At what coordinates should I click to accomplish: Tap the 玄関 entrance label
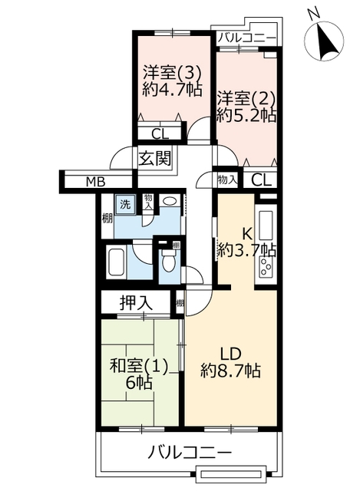tap(155, 158)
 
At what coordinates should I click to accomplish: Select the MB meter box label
tap(95, 181)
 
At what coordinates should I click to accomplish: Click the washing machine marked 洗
tap(125, 205)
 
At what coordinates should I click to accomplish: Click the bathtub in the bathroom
tap(117, 261)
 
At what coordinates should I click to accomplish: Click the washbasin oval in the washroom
tap(170, 200)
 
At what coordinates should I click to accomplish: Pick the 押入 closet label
tap(136, 302)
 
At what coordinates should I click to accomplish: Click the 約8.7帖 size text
tap(231, 371)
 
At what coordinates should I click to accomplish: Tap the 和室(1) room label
tap(139, 366)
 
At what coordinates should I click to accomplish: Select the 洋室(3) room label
tap(172, 74)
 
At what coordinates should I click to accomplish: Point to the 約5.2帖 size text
tap(246, 115)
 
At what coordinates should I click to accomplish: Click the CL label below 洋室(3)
tap(160, 134)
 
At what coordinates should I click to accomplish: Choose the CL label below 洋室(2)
tap(261, 180)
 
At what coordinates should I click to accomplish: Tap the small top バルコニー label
tap(247, 38)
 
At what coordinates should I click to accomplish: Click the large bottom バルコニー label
tap(190, 452)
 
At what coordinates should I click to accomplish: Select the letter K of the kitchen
tap(247, 233)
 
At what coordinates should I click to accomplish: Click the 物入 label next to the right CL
tap(227, 180)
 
